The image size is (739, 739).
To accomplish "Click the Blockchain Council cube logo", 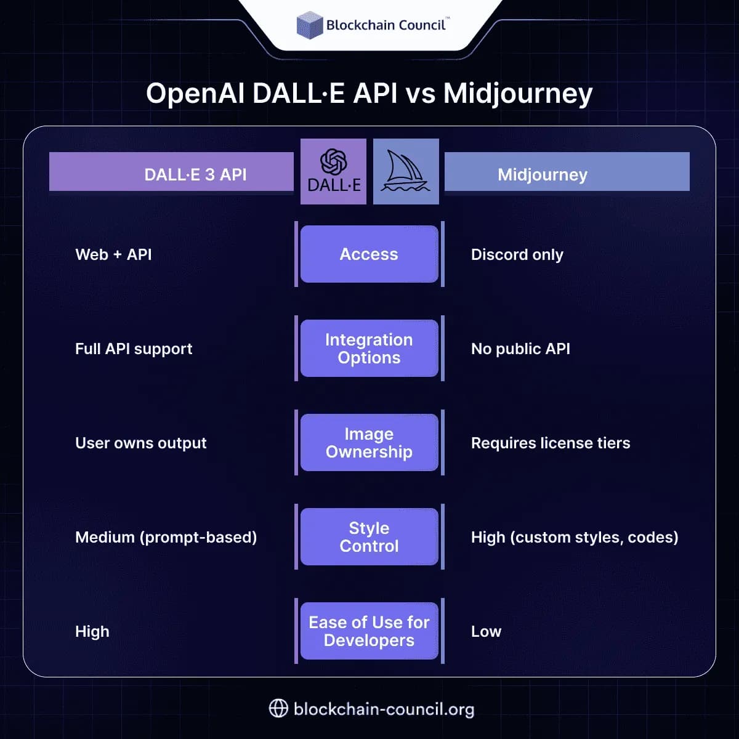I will coord(310,25).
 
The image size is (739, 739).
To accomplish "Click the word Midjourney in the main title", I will coord(517,94).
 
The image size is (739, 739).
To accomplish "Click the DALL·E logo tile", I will coord(333,171).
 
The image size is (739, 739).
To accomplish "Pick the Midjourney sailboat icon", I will coord(406,171).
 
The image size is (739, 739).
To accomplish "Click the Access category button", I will coord(369,254).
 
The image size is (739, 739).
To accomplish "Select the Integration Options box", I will coord(369,349).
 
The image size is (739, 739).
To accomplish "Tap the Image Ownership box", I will coord(369,443).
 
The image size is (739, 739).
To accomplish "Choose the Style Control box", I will coord(369,537).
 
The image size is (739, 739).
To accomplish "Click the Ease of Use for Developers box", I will coord(369,631).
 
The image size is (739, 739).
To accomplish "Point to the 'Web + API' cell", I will coord(113,254).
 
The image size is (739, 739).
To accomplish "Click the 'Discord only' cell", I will coord(517,254).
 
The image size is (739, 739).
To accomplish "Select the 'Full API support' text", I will coord(134,349).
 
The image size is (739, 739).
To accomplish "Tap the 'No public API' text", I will coord(520,349).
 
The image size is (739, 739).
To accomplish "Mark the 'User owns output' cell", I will coord(140,443).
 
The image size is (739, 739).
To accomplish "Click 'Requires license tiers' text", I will coord(550,443).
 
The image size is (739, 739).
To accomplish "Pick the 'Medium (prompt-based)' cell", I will coord(166,537).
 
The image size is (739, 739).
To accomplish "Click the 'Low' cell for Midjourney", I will coord(486,631).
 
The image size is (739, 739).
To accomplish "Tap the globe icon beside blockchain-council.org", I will coord(278,708).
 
